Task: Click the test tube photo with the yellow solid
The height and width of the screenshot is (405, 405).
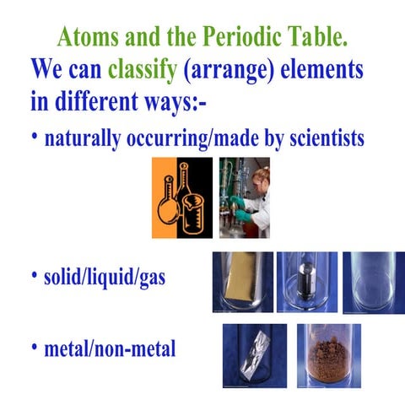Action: tap(242, 282)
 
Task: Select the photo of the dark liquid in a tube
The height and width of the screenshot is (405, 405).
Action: tap(306, 282)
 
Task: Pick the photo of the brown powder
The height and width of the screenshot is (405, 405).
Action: tap(328, 354)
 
